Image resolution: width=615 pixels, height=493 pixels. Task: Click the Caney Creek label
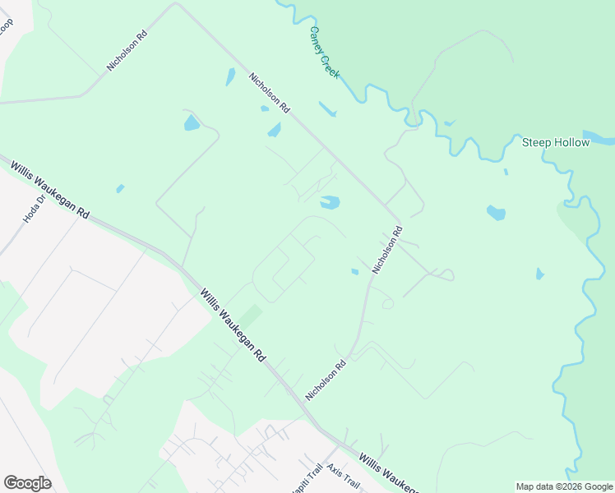pos(324,53)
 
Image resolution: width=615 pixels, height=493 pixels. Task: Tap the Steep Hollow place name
pos(556,142)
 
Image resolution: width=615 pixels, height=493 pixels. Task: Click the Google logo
pos(27,483)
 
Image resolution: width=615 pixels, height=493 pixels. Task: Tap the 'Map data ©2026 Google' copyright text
pos(564,487)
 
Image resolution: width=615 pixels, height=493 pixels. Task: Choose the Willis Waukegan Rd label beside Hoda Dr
pos(49,189)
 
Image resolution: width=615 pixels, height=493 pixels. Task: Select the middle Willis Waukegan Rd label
pos(234,325)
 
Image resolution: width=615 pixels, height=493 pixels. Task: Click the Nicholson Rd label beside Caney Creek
pos(269,93)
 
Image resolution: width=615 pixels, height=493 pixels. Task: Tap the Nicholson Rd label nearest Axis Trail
pos(326,379)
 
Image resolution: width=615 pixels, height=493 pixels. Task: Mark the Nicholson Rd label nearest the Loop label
pos(126,52)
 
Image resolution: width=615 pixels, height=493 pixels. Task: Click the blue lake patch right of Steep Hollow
pos(599,136)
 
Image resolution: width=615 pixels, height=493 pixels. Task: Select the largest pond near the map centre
pos(330,201)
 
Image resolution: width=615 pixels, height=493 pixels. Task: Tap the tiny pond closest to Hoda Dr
pos(120,188)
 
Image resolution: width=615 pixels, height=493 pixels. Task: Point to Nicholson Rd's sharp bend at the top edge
pos(175,4)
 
